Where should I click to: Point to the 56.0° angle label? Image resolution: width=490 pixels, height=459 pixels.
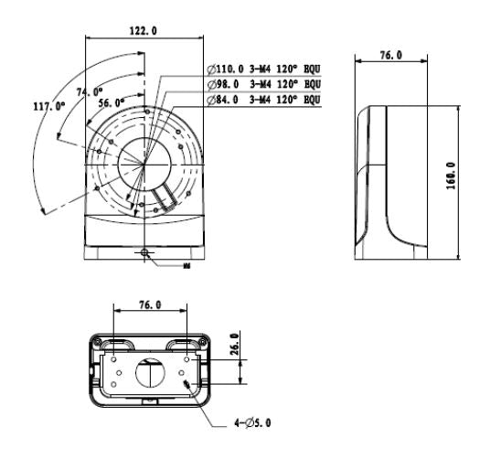[111, 105]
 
